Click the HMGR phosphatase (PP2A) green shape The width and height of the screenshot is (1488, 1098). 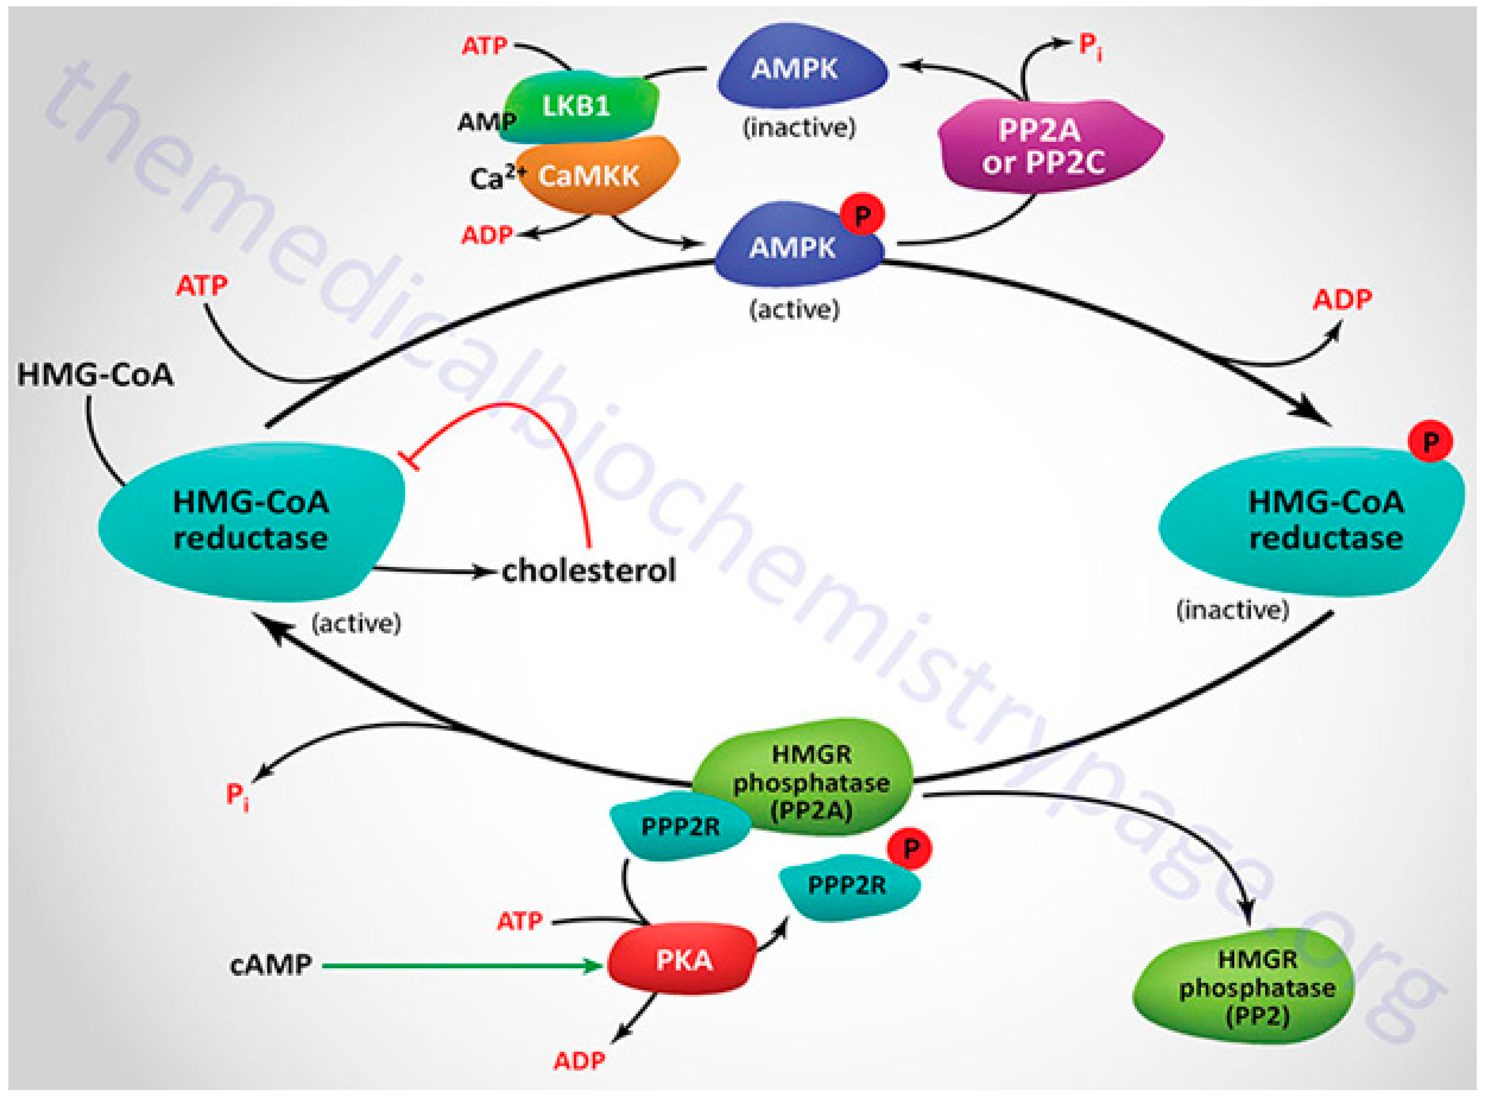pyautogui.click(x=807, y=777)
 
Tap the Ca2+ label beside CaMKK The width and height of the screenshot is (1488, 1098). pyautogui.click(x=495, y=178)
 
